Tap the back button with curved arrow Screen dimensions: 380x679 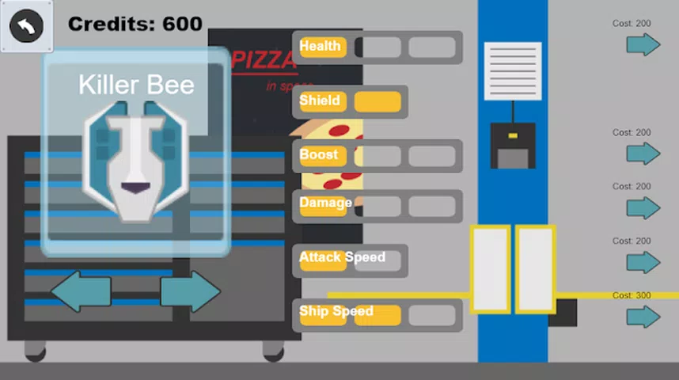tap(26, 26)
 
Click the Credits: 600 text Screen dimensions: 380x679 tap(135, 25)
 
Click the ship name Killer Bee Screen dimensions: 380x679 tap(136, 85)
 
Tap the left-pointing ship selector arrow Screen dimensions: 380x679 tap(81, 291)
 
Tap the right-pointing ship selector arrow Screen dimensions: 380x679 tap(190, 291)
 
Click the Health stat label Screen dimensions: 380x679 tap(320, 47)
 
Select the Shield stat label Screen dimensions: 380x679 tap(320, 101)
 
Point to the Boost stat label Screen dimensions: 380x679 tap(319, 154)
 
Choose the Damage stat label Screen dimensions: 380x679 tap(325, 203)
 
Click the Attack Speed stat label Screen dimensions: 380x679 tap(342, 257)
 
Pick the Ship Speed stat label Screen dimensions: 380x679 tap(336, 311)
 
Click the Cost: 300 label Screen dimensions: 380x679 tap(632, 295)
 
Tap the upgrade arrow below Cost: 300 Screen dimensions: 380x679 tap(643, 317)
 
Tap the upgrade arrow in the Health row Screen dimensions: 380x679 tap(643, 44)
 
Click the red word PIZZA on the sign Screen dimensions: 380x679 tap(255, 61)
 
